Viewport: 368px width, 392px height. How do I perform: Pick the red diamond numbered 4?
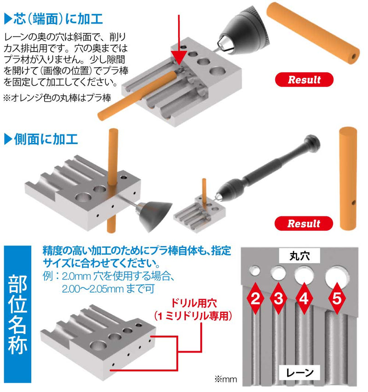pos(303,299)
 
